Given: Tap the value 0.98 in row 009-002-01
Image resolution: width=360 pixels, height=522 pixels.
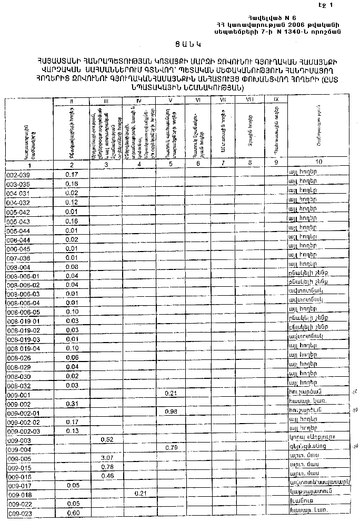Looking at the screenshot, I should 171,411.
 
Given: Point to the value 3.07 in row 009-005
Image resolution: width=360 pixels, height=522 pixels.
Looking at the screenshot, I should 107,458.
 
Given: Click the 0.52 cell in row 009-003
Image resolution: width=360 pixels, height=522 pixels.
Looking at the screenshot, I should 107,439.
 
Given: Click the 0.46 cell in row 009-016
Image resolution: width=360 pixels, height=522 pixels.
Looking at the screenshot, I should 107,476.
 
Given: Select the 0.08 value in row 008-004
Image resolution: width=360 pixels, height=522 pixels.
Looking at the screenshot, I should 73,267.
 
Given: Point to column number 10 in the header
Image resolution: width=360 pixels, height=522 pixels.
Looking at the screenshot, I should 319,162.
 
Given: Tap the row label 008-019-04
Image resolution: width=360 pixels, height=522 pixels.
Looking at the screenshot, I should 24,348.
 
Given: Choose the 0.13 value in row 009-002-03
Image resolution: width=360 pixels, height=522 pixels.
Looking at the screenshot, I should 73,431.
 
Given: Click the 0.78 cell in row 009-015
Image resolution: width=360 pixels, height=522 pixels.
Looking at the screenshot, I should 107,467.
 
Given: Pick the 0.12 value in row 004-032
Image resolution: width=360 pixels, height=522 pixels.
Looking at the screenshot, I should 73,202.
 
